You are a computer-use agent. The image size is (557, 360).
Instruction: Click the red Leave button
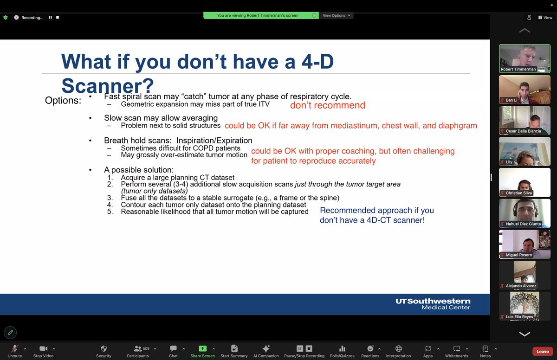(x=543, y=351)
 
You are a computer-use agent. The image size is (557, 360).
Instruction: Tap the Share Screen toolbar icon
(x=202, y=348)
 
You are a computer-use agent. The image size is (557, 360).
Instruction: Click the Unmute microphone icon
(x=15, y=348)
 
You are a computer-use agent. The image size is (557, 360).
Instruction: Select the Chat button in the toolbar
(x=173, y=348)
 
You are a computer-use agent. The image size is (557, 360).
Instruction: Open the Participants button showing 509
(x=138, y=348)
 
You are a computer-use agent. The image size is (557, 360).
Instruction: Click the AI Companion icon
(x=266, y=348)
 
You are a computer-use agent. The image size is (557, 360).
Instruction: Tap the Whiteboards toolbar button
(x=456, y=348)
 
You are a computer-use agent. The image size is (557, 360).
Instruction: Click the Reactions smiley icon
(x=370, y=348)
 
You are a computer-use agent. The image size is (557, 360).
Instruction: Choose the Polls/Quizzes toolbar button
(x=342, y=348)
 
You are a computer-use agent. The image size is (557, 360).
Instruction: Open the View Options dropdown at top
(x=337, y=15)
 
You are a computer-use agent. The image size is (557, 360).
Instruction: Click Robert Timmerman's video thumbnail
(x=525, y=58)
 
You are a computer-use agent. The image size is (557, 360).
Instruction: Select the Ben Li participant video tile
(x=525, y=89)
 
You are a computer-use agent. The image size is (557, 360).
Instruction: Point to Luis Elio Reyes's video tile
(x=525, y=305)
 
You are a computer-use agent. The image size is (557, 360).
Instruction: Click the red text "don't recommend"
(x=327, y=105)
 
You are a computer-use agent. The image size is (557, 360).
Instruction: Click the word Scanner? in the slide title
(x=107, y=85)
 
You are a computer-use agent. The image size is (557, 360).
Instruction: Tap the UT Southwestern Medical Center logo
(x=433, y=304)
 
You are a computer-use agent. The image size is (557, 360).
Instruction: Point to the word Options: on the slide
(x=63, y=100)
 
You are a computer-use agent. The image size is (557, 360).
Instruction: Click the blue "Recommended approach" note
(x=376, y=215)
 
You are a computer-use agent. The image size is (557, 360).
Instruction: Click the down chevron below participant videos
(x=525, y=334)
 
